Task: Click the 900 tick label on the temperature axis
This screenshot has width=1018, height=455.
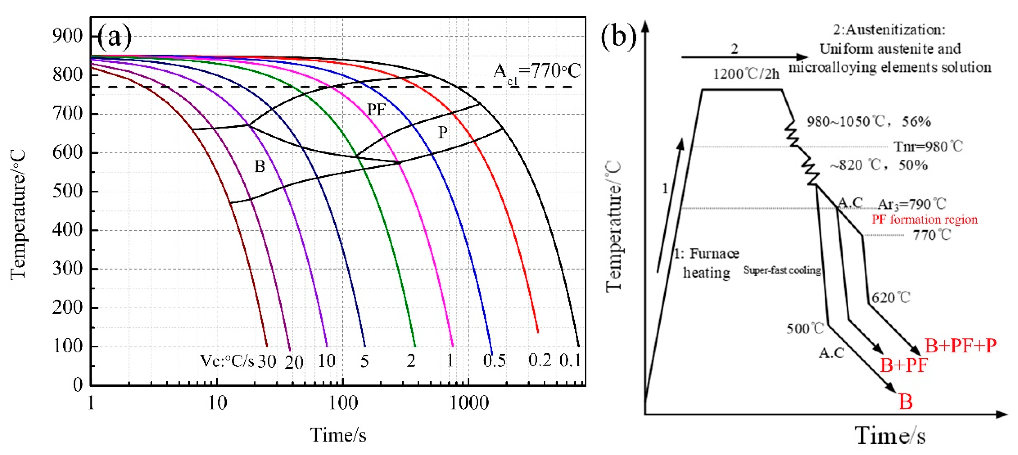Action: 67,36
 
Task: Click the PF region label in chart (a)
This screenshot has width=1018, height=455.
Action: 376,110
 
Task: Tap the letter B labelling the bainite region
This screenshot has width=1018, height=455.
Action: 260,166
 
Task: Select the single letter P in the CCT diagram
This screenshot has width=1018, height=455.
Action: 443,132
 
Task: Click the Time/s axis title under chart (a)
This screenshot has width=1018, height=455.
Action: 338,435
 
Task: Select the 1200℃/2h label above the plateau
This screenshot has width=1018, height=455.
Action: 746,74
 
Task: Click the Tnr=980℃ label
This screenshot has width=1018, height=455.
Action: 928,147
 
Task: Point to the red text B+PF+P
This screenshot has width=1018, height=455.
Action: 961,345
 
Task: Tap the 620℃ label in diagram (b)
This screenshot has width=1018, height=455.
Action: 891,297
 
